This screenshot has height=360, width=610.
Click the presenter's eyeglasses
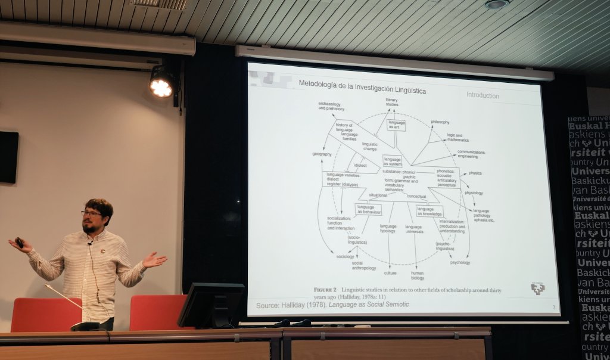(x=91, y=213)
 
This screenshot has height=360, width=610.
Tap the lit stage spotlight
(x=161, y=87)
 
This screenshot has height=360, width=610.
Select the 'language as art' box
(x=396, y=125)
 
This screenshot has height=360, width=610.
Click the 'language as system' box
(x=392, y=161)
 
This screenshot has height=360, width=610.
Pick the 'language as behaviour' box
(x=368, y=209)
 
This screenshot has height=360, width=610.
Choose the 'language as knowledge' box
(x=430, y=211)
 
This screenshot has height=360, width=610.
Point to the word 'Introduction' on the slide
(x=483, y=95)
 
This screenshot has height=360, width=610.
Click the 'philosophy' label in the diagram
(x=440, y=122)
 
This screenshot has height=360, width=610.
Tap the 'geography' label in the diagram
(x=322, y=154)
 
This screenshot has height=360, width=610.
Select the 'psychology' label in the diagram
(x=460, y=262)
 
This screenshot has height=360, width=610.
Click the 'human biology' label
(x=417, y=275)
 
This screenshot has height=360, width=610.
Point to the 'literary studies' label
(x=391, y=102)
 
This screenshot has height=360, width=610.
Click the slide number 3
(x=553, y=308)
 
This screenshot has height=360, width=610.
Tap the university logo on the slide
(x=538, y=288)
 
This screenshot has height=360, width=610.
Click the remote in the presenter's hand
(x=19, y=242)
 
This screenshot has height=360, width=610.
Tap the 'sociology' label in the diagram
(x=345, y=256)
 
